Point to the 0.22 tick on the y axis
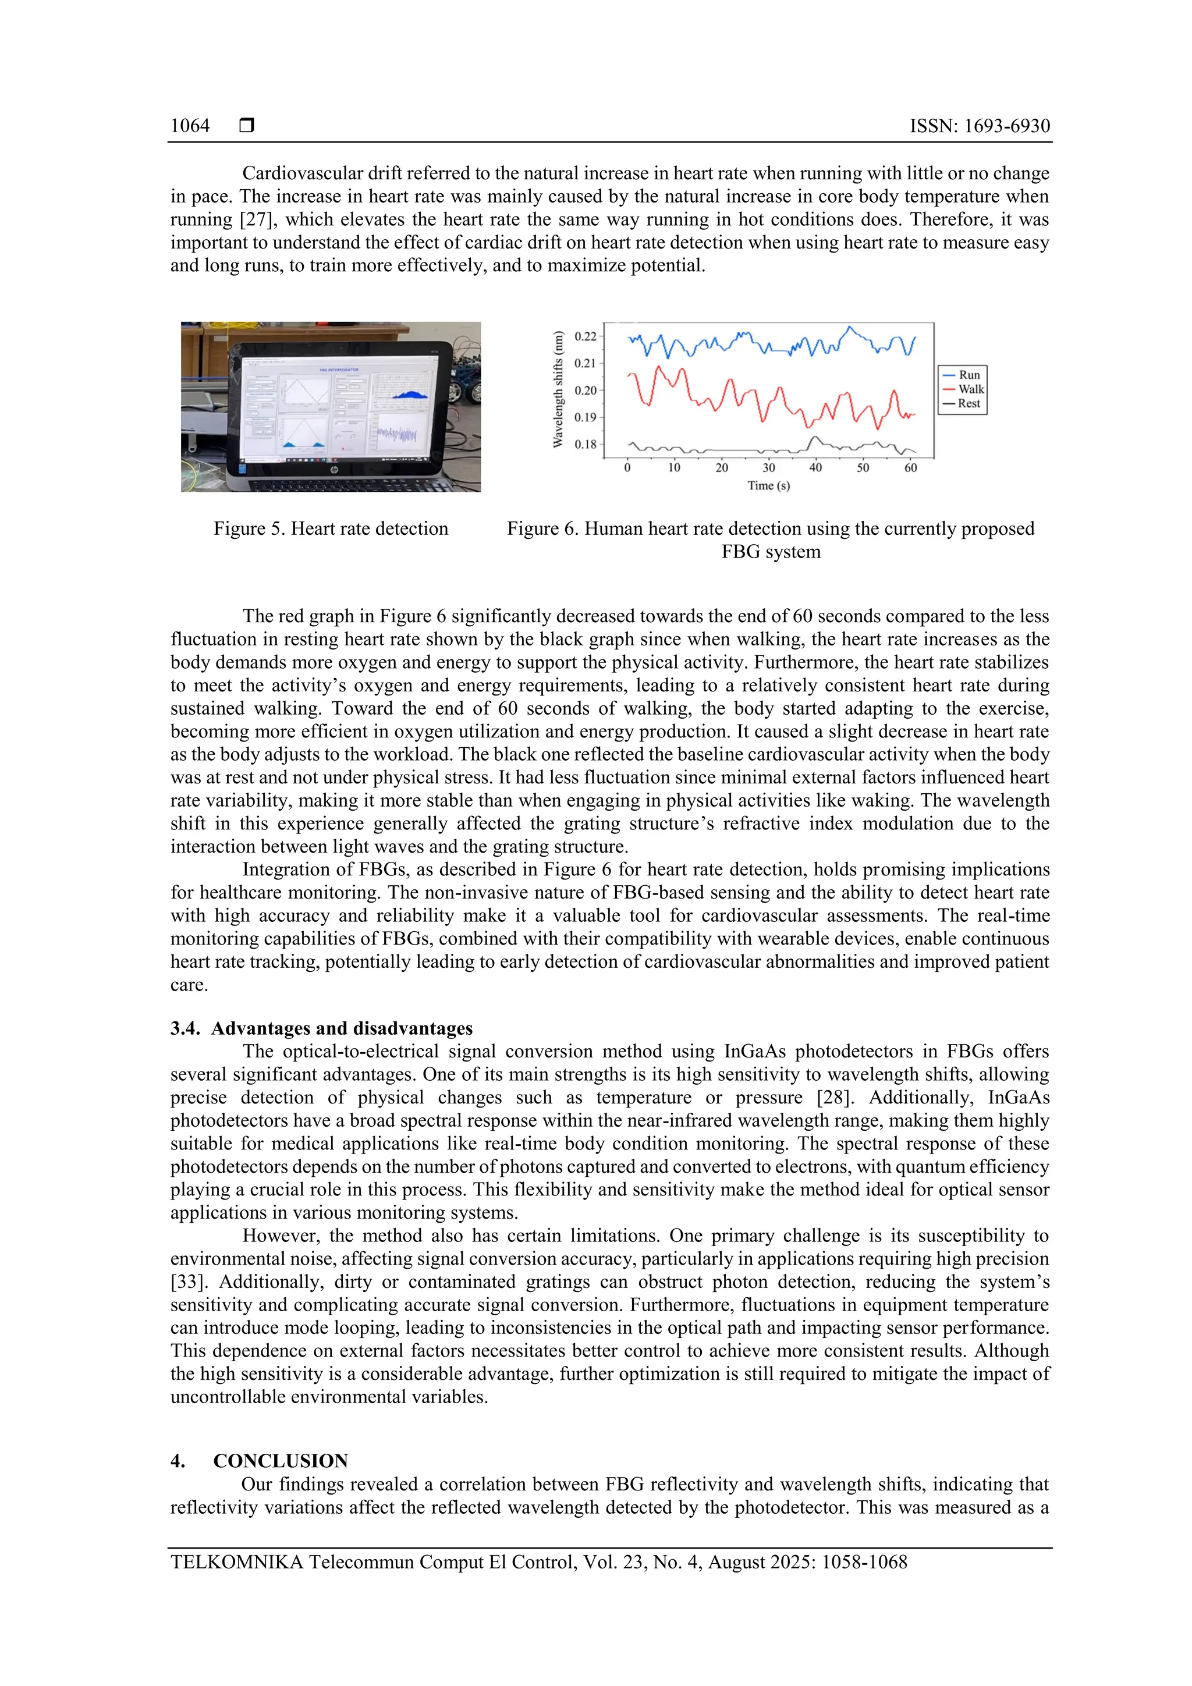pyautogui.click(x=586, y=336)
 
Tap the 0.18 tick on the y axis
pyautogui.click(x=586, y=444)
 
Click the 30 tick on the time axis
pyautogui.click(x=768, y=468)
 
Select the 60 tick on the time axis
pyautogui.click(x=910, y=468)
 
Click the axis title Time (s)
pyautogui.click(x=768, y=485)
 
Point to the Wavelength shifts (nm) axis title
pyautogui.click(x=558, y=389)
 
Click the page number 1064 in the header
pyautogui.click(x=190, y=126)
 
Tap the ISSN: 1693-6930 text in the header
pyautogui.click(x=979, y=126)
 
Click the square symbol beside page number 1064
pyautogui.click(x=247, y=126)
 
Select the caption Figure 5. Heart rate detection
pyautogui.click(x=331, y=528)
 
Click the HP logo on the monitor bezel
pyautogui.click(x=334, y=468)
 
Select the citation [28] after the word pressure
pyautogui.click(x=833, y=1098)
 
